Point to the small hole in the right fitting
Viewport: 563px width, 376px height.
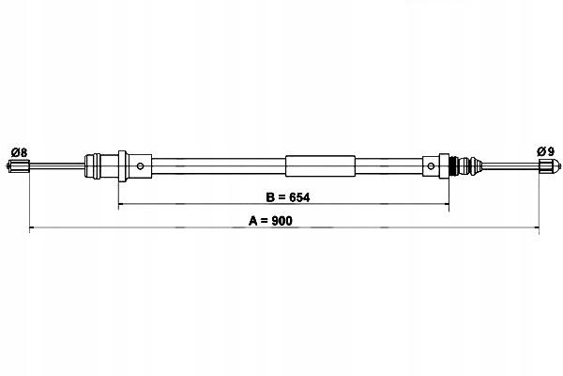click(x=430, y=168)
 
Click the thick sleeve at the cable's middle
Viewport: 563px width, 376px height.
click(x=320, y=167)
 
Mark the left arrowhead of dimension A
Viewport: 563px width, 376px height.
click(x=34, y=228)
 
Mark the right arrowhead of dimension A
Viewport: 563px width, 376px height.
click(x=536, y=228)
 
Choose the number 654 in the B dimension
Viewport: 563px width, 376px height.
click(x=298, y=198)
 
